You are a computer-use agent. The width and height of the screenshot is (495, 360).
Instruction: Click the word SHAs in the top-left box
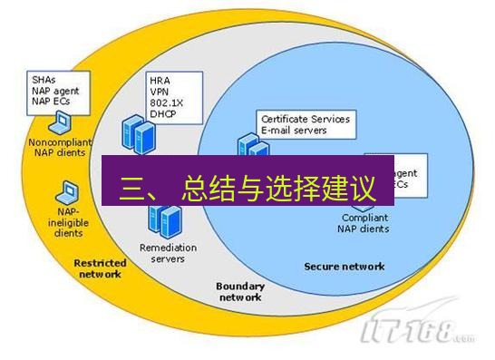(41, 79)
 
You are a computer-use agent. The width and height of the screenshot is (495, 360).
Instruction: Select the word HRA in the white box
(160, 82)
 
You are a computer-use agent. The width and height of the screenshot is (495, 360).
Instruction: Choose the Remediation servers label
(162, 252)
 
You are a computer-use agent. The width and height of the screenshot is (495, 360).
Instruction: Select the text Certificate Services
(305, 119)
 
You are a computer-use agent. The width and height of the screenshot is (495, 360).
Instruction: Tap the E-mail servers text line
(296, 130)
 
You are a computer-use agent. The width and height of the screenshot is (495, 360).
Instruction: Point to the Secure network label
(344, 267)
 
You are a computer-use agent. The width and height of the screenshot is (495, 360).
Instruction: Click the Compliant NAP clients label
(365, 223)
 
